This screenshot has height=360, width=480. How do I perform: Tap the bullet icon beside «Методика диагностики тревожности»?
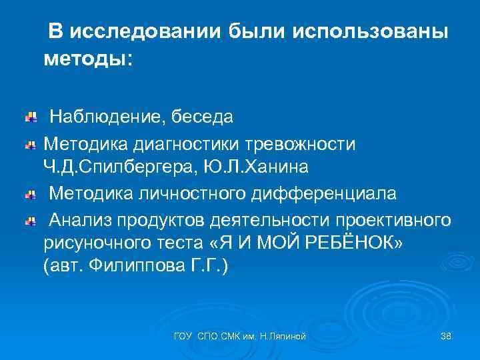(x=31, y=145)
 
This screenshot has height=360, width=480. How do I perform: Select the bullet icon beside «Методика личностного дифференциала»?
(x=31, y=195)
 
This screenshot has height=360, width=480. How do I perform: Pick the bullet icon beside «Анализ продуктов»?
(x=31, y=221)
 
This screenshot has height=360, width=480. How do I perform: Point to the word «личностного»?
(x=203, y=194)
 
